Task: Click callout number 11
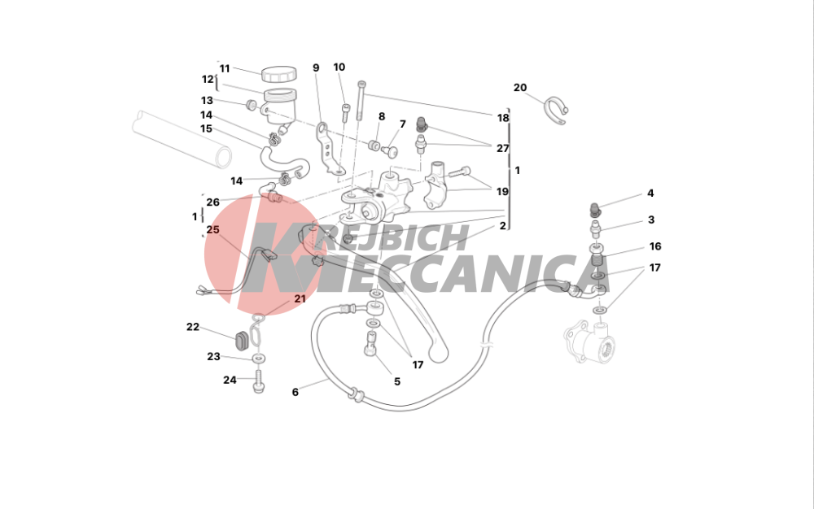225,68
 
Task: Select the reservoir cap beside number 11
278,74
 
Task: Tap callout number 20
520,88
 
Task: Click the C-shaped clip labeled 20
555,110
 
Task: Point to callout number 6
295,393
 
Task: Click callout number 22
193,327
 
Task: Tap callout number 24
230,380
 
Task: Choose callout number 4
650,194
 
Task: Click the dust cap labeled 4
595,210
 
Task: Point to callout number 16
655,246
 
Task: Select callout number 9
316,68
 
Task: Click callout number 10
339,67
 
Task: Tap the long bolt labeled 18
361,100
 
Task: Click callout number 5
397,381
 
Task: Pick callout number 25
212,229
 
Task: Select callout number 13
207,101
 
